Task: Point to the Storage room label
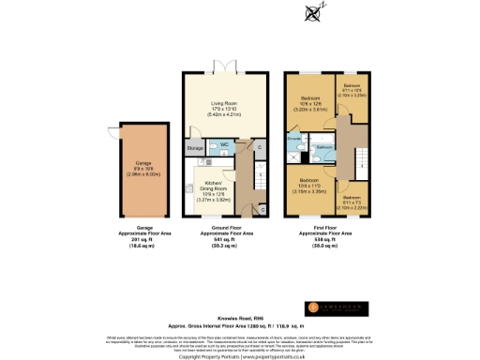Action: [x=194, y=148]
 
